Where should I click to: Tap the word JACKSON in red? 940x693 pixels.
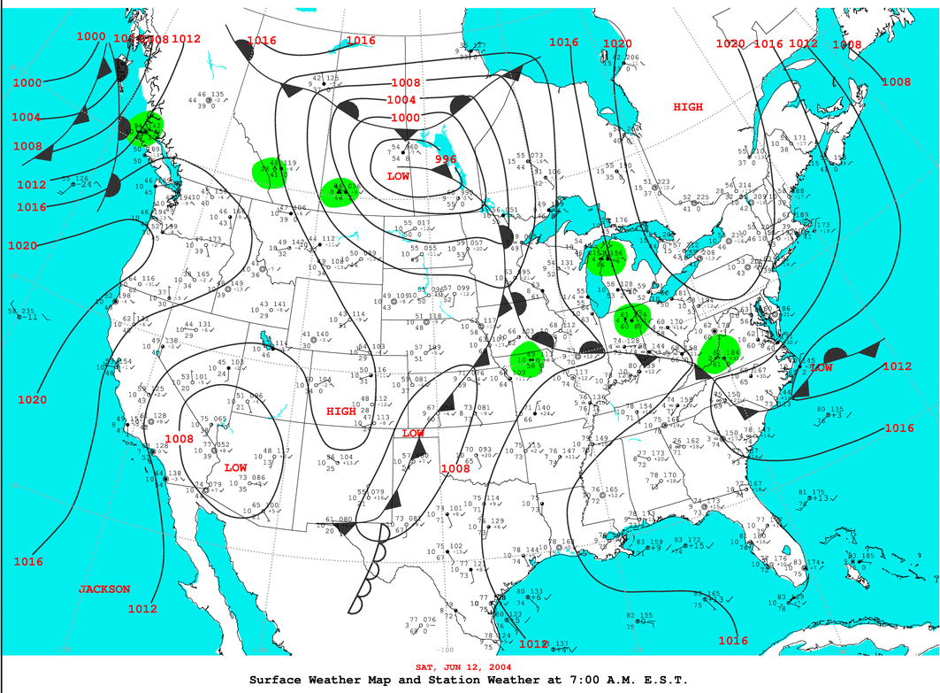104,589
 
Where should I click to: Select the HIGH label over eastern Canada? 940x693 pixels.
688,107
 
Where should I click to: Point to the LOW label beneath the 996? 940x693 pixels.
398,177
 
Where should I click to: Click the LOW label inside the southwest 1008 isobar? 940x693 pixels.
235,467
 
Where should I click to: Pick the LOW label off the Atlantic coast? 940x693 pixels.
821,367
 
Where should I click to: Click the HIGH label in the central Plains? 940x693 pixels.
341,412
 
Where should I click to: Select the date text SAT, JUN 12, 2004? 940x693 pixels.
469,666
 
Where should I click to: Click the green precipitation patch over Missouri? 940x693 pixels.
530,359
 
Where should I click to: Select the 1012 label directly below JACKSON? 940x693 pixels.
142,609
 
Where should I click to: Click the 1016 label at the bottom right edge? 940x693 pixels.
733,641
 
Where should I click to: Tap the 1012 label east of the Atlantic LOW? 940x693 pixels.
896,366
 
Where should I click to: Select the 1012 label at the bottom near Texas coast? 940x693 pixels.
534,644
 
